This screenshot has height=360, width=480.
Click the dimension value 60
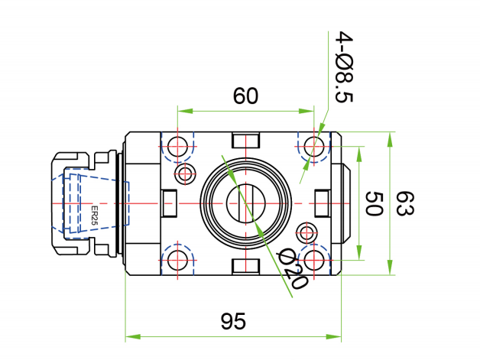[x=245, y=96]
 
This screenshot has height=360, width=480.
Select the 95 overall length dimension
[x=233, y=321]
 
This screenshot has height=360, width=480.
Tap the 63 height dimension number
[x=404, y=203]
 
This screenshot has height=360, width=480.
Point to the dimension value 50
[x=374, y=203]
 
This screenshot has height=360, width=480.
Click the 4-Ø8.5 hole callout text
[x=344, y=66]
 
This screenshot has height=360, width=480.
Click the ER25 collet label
[x=94, y=216]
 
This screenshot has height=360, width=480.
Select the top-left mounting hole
[x=177, y=146]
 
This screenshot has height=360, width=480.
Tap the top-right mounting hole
[x=314, y=146]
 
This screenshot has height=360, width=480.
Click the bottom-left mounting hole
[x=177, y=261]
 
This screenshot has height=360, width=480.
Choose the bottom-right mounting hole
[x=314, y=261]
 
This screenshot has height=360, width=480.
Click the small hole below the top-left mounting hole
[x=185, y=174]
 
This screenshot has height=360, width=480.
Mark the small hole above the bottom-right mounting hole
[x=306, y=233]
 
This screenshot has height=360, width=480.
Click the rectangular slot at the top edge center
[x=246, y=140]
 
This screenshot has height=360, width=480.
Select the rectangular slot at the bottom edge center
[x=246, y=267]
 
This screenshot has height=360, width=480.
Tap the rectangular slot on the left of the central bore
[x=169, y=203]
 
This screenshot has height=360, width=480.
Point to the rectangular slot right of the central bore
[x=323, y=203]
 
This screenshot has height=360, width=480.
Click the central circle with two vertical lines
[x=246, y=203]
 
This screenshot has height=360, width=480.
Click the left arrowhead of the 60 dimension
[x=185, y=111]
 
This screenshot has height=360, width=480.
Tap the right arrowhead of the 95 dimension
[x=333, y=337]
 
